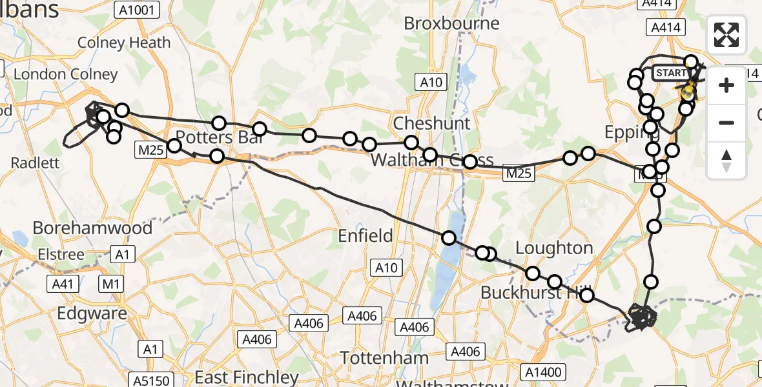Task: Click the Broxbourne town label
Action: pos(451,24)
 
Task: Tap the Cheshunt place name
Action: pos(431,123)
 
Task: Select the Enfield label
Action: pos(365,236)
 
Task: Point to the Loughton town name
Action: pos(553,248)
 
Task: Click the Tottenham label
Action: pos(384,358)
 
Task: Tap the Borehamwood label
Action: pos(92,228)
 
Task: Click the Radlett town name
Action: pos(36,163)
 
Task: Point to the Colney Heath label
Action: pos(124,43)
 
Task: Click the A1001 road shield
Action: pos(136,9)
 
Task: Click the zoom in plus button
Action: pos(726,85)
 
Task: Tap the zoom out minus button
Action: pos(726,123)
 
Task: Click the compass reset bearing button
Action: pos(726,160)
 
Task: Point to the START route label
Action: pos(671,74)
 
